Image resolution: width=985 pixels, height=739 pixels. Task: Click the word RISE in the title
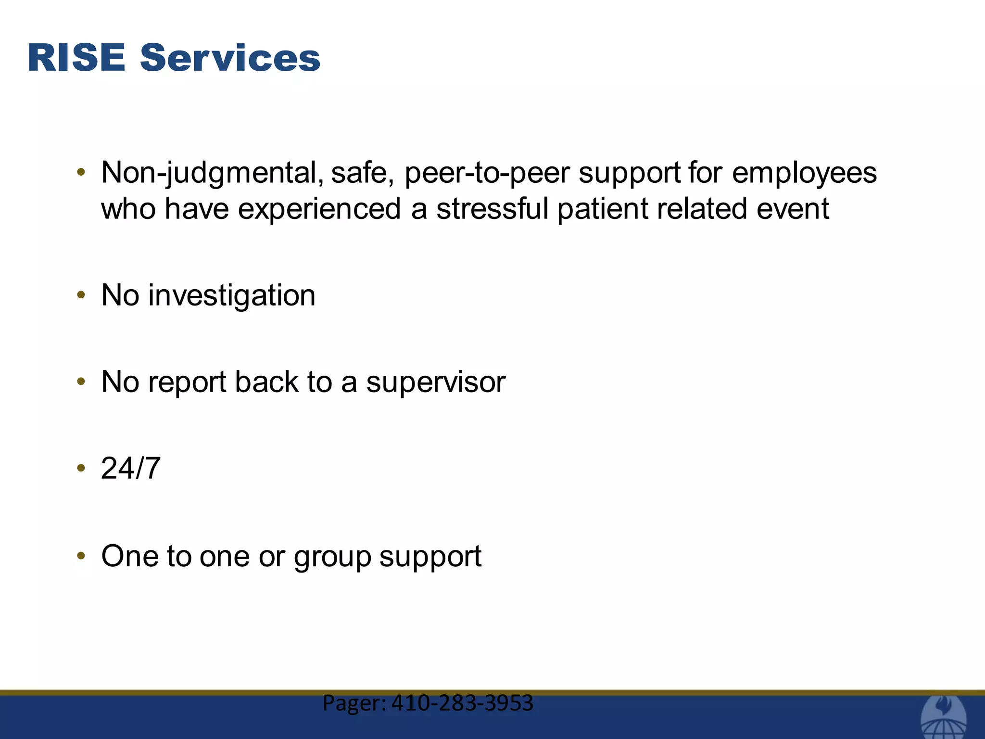coord(76,58)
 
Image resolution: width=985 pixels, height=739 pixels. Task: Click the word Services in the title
coord(230,58)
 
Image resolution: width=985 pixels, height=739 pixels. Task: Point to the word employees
coord(804,173)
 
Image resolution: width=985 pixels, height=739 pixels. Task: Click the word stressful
coord(492,209)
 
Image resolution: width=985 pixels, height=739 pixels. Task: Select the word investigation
coord(232,295)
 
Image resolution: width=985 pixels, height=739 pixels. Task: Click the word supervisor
coord(435,382)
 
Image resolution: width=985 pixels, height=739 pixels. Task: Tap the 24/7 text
coord(130,468)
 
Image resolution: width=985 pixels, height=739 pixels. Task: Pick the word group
coord(332,557)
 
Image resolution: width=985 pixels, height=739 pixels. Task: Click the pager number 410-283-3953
coord(462,703)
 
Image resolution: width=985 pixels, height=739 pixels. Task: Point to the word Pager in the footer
coord(354,703)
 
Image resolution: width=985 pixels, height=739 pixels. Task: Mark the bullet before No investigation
coord(81,295)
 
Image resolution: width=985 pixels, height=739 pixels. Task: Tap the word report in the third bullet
coord(187,382)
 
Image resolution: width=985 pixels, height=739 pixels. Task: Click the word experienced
coord(319,209)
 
